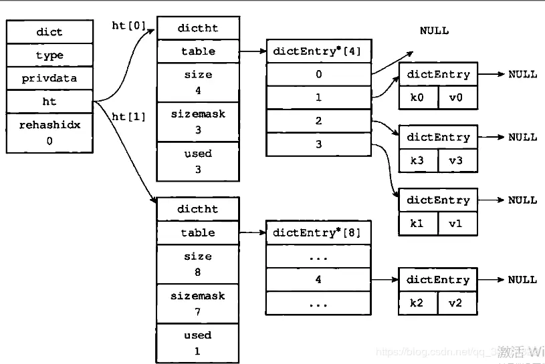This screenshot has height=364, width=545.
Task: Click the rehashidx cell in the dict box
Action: point(49,133)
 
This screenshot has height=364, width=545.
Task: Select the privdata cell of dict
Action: point(49,78)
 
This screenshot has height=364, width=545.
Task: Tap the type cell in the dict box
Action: point(49,55)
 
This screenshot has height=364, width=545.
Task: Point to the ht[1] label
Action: point(128,116)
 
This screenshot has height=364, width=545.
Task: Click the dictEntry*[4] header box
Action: point(318,51)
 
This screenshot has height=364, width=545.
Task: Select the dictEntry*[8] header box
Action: point(318,232)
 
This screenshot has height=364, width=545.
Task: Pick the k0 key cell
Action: point(418,97)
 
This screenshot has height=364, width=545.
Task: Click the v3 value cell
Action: point(457,160)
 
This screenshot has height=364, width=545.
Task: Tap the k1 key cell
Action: point(418,223)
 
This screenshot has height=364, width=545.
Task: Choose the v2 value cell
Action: point(457,303)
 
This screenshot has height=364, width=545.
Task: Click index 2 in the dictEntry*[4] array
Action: point(318,121)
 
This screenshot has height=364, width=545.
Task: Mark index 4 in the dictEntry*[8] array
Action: point(318,279)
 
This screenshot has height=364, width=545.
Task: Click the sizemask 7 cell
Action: point(198,304)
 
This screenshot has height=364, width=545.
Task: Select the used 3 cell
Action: point(198,161)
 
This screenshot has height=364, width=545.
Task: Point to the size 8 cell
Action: point(198,264)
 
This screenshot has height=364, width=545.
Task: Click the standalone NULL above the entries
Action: point(434,31)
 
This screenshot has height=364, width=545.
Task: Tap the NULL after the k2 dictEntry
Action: point(522,279)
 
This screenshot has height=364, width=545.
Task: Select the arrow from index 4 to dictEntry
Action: point(385,279)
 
